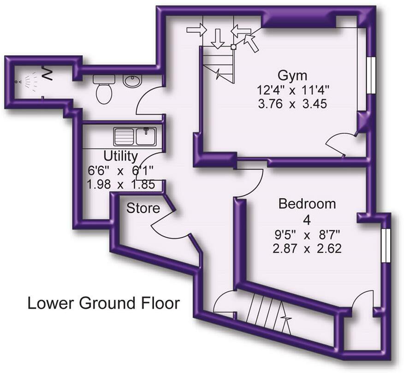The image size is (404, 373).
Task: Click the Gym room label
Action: tap(292, 75)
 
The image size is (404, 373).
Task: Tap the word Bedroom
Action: tap(308, 204)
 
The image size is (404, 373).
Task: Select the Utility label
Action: tap(121, 155)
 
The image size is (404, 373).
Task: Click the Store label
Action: tap(143, 208)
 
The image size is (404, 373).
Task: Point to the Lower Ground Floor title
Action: tap(103, 303)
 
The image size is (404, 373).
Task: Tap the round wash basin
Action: tap(133, 82)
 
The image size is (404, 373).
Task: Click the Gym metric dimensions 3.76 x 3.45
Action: tap(293, 104)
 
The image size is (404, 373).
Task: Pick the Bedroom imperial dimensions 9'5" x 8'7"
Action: tap(308, 235)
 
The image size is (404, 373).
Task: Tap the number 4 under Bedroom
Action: tap(308, 219)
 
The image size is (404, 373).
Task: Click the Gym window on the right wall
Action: tap(371, 75)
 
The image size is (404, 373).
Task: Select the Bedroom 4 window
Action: tap(386, 245)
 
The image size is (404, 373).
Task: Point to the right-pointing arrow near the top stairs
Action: tap(197, 30)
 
